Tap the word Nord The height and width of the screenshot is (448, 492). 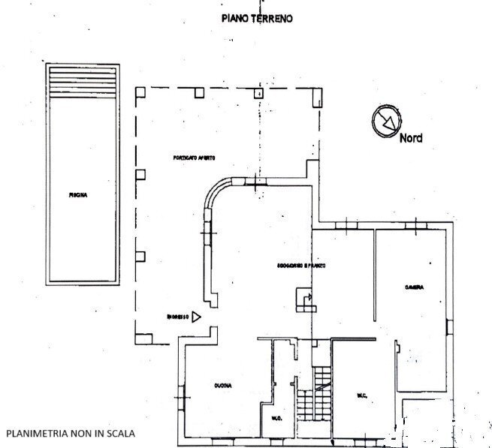coord(410,138)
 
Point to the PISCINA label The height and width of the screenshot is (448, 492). coord(79,195)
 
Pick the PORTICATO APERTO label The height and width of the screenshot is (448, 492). coord(195,158)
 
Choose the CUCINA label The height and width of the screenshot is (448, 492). coord(222,386)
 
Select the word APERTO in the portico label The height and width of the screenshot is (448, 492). coord(207,158)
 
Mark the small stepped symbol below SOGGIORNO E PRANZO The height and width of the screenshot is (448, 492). coord(306,302)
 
